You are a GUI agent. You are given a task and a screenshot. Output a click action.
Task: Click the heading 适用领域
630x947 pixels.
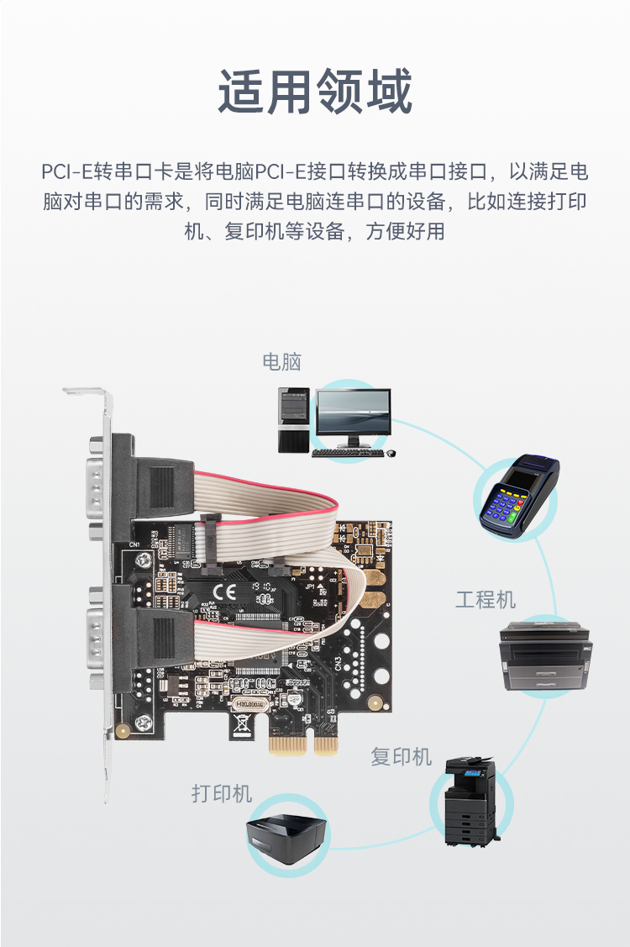[x=315, y=92]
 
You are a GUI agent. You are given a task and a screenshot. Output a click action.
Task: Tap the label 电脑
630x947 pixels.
[x=281, y=362]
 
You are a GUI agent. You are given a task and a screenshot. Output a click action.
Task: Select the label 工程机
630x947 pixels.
[x=485, y=600]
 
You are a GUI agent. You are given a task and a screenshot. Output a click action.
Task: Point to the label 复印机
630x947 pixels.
[x=401, y=756]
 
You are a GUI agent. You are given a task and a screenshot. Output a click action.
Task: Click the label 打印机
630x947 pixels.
[x=221, y=793]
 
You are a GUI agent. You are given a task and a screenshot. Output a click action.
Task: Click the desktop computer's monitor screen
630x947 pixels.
[x=354, y=412]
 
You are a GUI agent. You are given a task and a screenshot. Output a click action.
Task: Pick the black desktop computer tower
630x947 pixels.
[x=294, y=420]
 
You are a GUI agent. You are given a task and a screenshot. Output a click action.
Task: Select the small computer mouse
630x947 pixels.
[x=391, y=452]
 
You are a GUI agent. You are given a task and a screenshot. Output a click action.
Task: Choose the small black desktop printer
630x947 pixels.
[x=287, y=835]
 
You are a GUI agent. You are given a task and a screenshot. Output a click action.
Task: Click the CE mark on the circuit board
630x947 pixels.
[x=224, y=591]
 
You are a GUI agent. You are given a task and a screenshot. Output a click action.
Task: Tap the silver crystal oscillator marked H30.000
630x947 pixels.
[x=249, y=704]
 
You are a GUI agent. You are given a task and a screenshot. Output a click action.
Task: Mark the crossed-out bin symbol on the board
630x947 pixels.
[x=241, y=723]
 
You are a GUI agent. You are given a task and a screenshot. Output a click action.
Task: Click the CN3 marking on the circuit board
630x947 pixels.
[x=339, y=662]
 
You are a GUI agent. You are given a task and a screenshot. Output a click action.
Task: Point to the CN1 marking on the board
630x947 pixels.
[x=134, y=545]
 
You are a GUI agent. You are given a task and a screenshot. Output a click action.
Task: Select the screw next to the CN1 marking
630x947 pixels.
[x=143, y=560]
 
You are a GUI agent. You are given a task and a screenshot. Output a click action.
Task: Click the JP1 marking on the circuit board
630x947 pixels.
[x=310, y=586]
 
